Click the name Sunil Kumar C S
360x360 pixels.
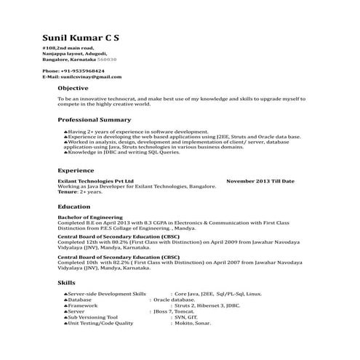point(82,37)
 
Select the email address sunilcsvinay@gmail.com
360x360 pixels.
point(91,76)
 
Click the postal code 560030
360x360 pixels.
point(108,59)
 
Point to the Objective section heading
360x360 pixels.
point(73,88)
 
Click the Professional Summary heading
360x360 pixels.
point(95,119)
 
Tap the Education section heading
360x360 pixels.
point(74,207)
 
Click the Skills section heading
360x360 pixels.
point(66,281)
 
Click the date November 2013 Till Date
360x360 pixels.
point(260,180)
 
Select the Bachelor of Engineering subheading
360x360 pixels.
point(90,217)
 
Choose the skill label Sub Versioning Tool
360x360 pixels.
point(92,317)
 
